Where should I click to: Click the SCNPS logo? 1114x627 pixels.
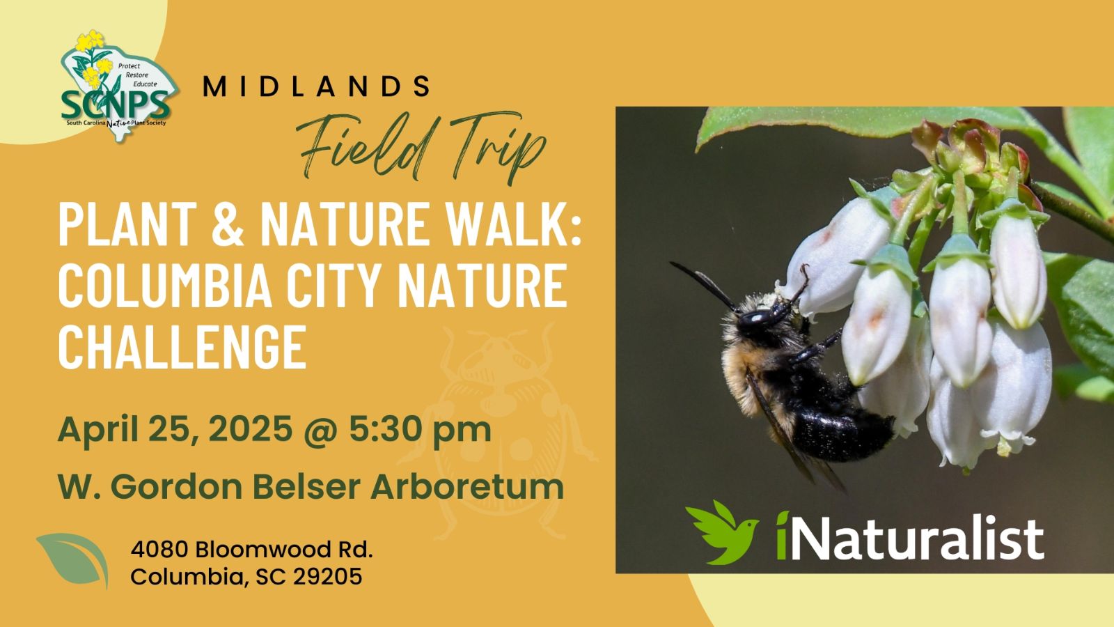coord(119,86)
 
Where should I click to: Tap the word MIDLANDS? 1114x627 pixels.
coord(316,86)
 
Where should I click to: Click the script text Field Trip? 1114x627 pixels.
coord(421,148)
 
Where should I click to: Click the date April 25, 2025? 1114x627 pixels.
coord(175,429)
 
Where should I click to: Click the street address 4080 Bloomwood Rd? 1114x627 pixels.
coord(251,550)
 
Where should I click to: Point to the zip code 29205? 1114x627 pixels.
coord(327,578)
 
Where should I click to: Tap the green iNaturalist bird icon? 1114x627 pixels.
coord(722,532)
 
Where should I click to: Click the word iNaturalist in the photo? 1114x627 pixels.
coord(910,536)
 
